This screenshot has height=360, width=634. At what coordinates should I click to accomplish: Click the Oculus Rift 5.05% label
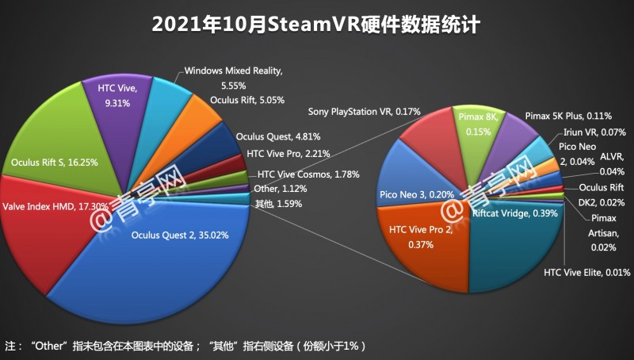(x=246, y=101)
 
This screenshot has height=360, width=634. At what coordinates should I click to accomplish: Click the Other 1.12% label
(x=278, y=188)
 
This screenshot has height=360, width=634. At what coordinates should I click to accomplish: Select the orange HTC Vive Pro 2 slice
(x=420, y=238)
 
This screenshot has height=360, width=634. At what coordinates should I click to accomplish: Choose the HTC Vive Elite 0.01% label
(x=586, y=273)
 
